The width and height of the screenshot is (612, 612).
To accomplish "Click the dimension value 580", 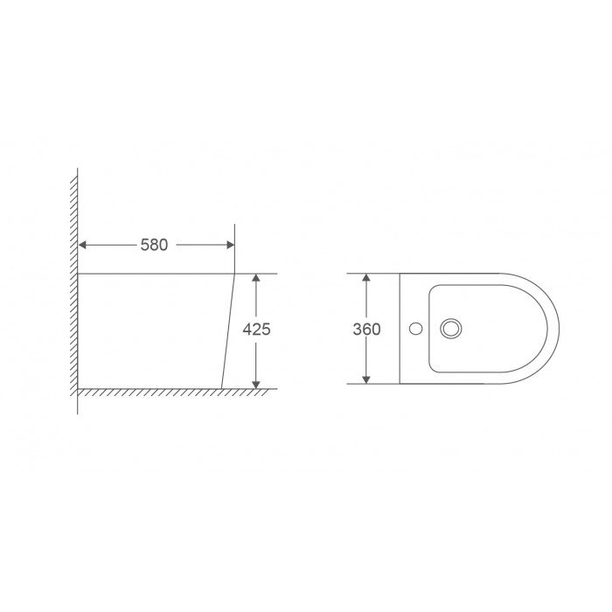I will [154, 246].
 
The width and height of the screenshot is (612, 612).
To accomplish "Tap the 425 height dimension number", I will [256, 330].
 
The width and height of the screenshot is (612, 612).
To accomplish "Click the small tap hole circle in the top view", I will [417, 330].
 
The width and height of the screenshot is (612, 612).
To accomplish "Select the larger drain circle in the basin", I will [452, 330].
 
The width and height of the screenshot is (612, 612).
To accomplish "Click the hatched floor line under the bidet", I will [175, 391].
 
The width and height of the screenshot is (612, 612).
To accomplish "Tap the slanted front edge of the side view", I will [229, 332].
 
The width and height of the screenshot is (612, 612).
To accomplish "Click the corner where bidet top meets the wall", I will [79, 274].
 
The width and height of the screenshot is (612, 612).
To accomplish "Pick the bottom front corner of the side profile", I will [221, 387].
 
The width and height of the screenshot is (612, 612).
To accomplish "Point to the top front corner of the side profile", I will [236, 274].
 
